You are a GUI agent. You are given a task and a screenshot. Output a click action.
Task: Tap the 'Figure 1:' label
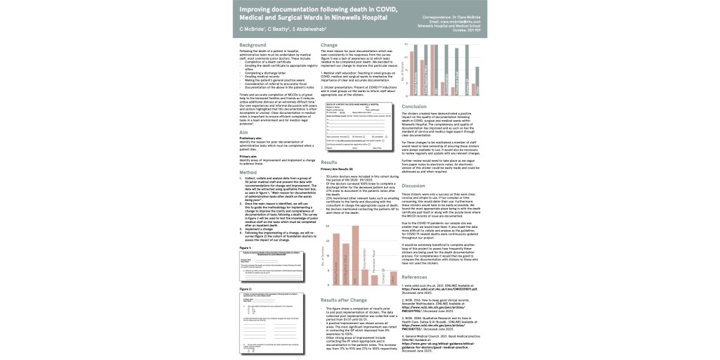(x=245, y=247)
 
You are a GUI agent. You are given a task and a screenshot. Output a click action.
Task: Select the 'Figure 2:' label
(x=245, y=288)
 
